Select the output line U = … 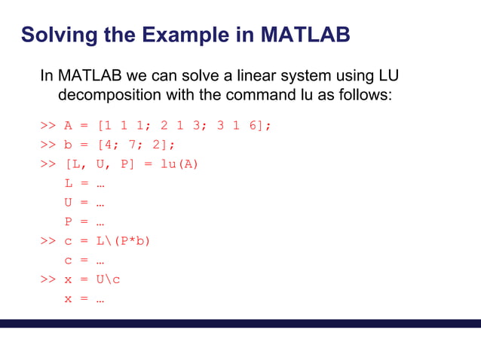(84, 202)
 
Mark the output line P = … (84, 221)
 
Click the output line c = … (84, 261)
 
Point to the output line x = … (84, 299)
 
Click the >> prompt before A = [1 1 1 (48, 125)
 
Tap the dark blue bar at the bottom (240, 324)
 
